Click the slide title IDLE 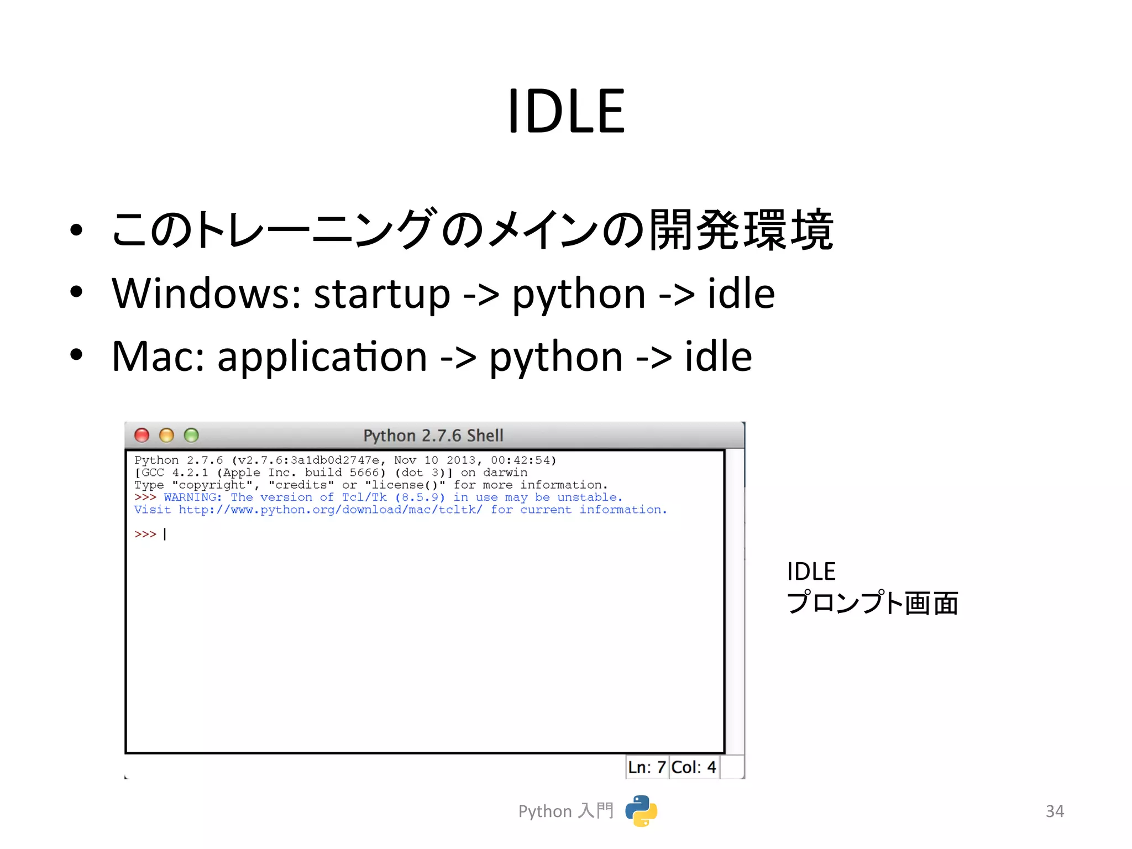[566, 112]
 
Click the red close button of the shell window [142, 436]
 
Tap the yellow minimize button [166, 436]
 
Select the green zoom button [191, 436]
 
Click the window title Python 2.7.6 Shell [433, 436]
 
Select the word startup [382, 294]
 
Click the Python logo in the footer [641, 811]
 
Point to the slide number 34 [1055, 811]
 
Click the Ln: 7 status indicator [647, 767]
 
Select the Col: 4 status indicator [694, 767]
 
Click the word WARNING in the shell [192, 497]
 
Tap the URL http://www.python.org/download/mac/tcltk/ [330, 510]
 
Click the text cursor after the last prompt [165, 534]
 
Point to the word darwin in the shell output [505, 473]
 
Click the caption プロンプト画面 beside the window [872, 603]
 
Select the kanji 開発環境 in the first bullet [741, 230]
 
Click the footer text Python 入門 [565, 811]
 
